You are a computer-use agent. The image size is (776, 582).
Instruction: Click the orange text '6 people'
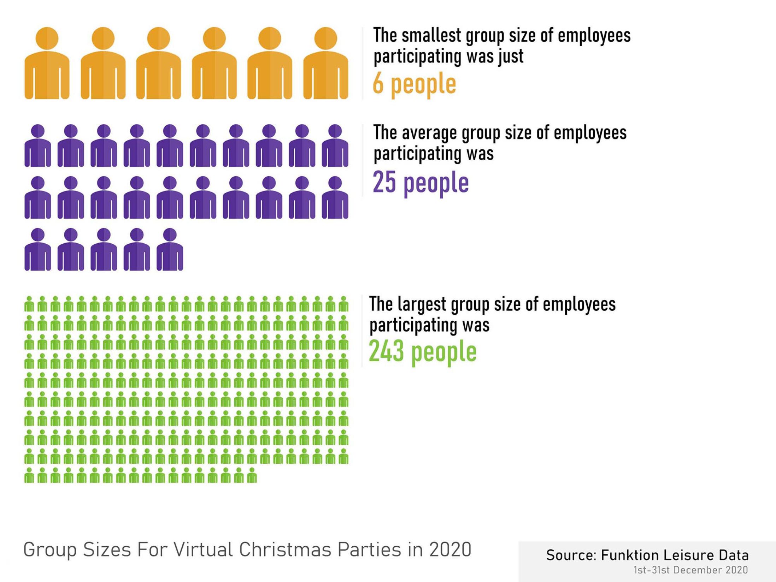coord(414,84)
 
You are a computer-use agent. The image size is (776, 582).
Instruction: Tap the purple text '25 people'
coord(421,183)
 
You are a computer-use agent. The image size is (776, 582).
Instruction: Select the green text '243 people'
coord(423,352)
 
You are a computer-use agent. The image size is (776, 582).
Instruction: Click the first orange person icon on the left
coord(47,64)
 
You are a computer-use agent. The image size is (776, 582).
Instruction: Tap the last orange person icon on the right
coord(325,64)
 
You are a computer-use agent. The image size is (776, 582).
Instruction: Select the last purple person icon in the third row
coord(170,249)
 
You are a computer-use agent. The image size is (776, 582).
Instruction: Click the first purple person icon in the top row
coord(37,145)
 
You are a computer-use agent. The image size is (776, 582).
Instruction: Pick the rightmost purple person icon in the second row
coord(335,198)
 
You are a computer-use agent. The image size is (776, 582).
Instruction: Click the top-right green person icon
coord(343,304)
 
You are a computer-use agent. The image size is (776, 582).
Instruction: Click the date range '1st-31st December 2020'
coord(690,570)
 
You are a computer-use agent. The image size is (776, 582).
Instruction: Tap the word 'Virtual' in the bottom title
coord(203,550)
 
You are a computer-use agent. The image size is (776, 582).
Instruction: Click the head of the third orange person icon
coord(158,38)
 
